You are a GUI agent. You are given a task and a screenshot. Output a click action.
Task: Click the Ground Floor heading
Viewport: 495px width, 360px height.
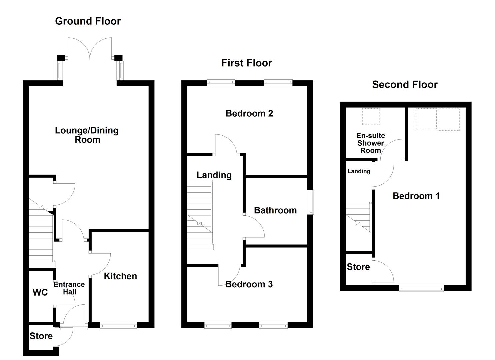[x=88, y=21]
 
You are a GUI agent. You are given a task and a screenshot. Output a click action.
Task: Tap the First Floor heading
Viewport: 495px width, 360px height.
[x=246, y=63]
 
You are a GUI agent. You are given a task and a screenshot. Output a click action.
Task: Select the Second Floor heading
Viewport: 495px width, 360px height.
[x=405, y=85]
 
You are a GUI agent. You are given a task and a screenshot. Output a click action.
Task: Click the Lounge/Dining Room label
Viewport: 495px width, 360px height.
[x=87, y=135]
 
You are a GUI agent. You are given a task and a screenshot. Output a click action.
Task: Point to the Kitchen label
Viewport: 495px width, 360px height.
[x=120, y=276]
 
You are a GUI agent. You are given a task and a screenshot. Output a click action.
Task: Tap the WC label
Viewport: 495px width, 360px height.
[x=40, y=292]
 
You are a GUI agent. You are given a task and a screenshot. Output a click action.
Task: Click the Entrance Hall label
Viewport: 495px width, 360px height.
[x=69, y=288]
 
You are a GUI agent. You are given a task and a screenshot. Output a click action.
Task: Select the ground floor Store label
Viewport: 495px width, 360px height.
[x=41, y=336]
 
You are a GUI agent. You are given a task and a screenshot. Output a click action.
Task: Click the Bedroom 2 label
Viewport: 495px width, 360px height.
[x=249, y=113]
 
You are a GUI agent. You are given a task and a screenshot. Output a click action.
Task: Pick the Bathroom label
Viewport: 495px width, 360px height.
[x=275, y=210]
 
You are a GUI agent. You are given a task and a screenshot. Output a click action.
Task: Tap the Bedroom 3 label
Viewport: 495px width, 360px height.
[x=249, y=284]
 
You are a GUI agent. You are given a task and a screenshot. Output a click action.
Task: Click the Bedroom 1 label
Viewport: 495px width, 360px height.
[x=416, y=196]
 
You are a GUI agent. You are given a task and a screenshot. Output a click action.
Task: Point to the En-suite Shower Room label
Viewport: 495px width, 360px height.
[x=371, y=143]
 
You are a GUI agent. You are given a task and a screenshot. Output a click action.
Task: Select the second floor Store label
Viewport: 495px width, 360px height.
[x=358, y=267]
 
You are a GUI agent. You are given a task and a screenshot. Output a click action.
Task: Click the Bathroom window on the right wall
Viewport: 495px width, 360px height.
[x=310, y=202]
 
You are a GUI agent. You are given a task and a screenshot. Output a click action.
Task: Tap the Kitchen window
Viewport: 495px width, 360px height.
[x=118, y=325]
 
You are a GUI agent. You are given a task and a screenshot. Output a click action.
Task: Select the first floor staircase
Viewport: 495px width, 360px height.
[x=199, y=215]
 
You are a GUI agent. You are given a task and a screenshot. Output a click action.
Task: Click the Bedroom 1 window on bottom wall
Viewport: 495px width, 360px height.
[x=421, y=288]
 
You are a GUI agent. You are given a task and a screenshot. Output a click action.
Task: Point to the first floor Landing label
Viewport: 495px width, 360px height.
[x=214, y=175]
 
